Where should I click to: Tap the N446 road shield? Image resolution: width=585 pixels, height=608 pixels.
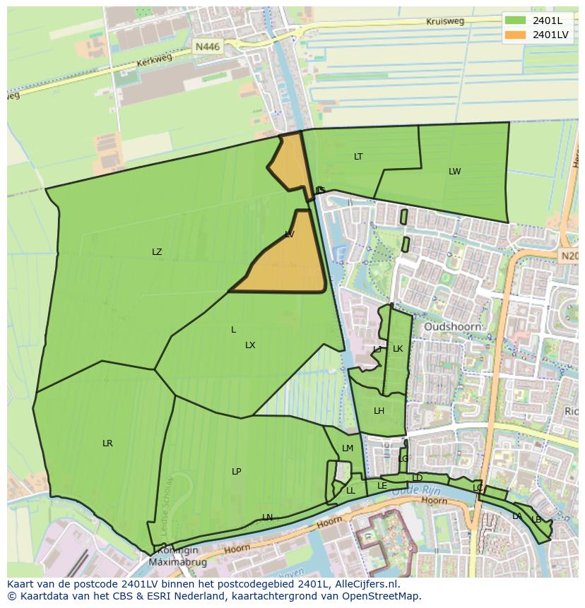tap(208, 47)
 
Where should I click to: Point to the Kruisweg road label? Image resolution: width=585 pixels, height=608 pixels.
tap(445, 22)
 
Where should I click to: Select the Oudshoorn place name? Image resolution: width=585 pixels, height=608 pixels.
tap(452, 327)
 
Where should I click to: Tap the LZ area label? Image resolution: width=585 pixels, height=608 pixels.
tap(157, 252)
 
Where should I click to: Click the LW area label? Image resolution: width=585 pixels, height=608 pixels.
tap(454, 172)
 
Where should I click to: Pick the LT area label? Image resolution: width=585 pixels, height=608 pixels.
tap(358, 157)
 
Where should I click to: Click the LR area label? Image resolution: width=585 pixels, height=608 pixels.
tap(107, 443)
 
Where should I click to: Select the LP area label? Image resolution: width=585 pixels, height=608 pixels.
tap(236, 472)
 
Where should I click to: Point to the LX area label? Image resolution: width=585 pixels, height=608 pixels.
tap(250, 345)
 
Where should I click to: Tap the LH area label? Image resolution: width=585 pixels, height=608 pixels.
tap(379, 411)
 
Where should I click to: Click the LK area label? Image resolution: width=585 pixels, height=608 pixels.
tap(398, 349)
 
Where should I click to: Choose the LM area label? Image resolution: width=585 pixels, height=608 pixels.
tap(348, 448)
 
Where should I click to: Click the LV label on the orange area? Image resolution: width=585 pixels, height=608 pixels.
tap(290, 234)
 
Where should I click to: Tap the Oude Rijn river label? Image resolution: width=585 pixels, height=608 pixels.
tap(426, 489)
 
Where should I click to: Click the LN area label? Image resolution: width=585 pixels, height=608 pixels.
tap(267, 518)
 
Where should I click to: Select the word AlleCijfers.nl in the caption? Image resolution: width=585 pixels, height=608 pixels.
tap(365, 584)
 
